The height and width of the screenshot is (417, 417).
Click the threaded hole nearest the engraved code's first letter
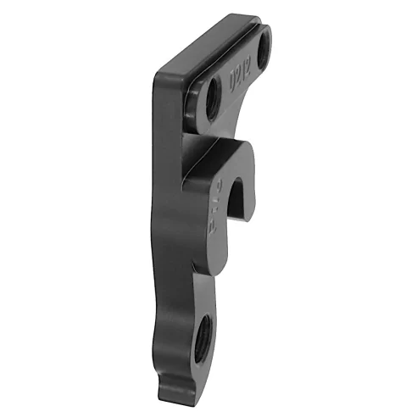tap(203, 100)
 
